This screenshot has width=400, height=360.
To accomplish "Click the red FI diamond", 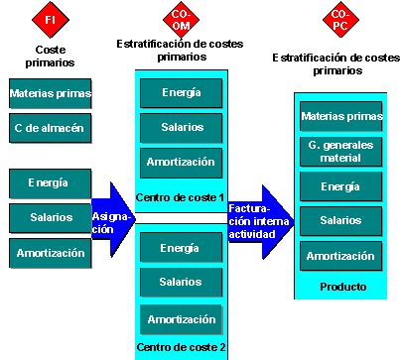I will [x=50, y=17].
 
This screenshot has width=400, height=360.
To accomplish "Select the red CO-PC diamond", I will [x=338, y=19].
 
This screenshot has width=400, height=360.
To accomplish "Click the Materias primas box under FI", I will [x=51, y=94].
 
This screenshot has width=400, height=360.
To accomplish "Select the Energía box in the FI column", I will [x=51, y=183].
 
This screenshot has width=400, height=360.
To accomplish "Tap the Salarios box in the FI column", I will [x=51, y=218].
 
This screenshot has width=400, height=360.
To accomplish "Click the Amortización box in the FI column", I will [x=51, y=253].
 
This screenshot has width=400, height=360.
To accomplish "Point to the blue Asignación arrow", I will [x=112, y=221].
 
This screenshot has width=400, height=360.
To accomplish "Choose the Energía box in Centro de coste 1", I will [x=180, y=93].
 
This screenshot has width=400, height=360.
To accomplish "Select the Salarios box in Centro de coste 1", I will [x=180, y=128].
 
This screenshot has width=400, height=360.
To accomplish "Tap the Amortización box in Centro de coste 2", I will [x=180, y=319].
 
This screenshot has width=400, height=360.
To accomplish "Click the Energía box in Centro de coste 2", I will [x=180, y=247].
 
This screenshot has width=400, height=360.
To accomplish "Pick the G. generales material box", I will [x=340, y=151].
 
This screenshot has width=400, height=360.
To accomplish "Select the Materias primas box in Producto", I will [x=340, y=116].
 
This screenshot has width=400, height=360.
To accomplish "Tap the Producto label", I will [x=340, y=288].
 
